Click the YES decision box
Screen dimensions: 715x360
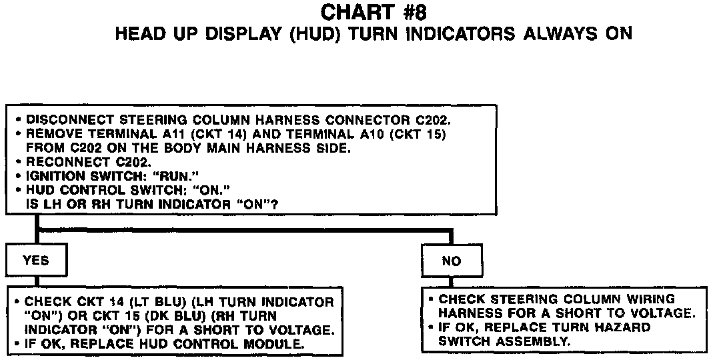point(36,260)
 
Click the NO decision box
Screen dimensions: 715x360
point(452,261)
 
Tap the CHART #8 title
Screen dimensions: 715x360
point(374,12)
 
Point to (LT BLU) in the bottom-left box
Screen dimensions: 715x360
point(145,301)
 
